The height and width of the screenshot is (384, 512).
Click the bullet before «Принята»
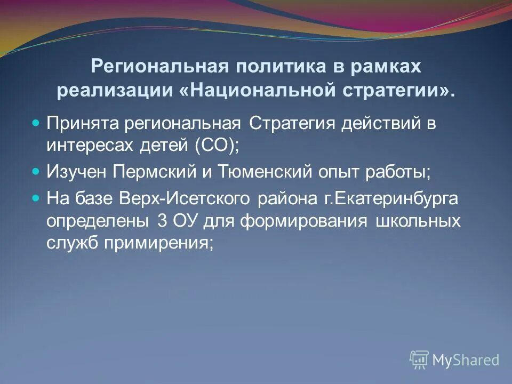[36, 123]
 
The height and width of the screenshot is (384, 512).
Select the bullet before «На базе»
[36, 198]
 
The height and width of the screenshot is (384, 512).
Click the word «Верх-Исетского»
[182, 198]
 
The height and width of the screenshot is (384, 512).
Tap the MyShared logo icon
[419, 359]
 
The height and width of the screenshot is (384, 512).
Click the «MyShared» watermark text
[465, 360]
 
